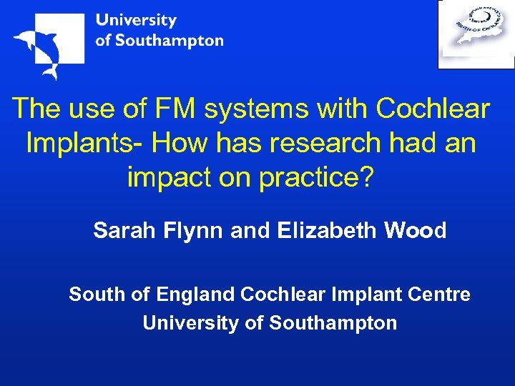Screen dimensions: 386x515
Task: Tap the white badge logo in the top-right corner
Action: tap(476, 34)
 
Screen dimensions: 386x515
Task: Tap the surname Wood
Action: tap(416, 231)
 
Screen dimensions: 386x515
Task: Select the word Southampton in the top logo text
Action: tap(169, 41)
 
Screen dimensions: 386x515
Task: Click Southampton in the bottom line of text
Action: tap(333, 323)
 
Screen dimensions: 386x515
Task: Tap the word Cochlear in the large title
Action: tap(433, 109)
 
